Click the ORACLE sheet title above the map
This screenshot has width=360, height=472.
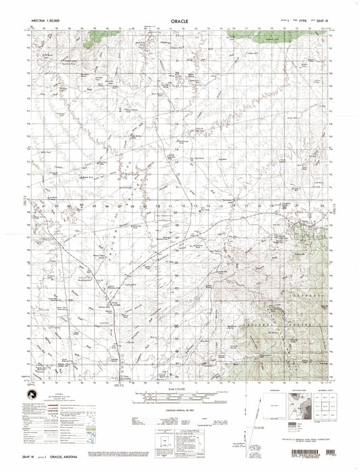[x=179, y=21]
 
